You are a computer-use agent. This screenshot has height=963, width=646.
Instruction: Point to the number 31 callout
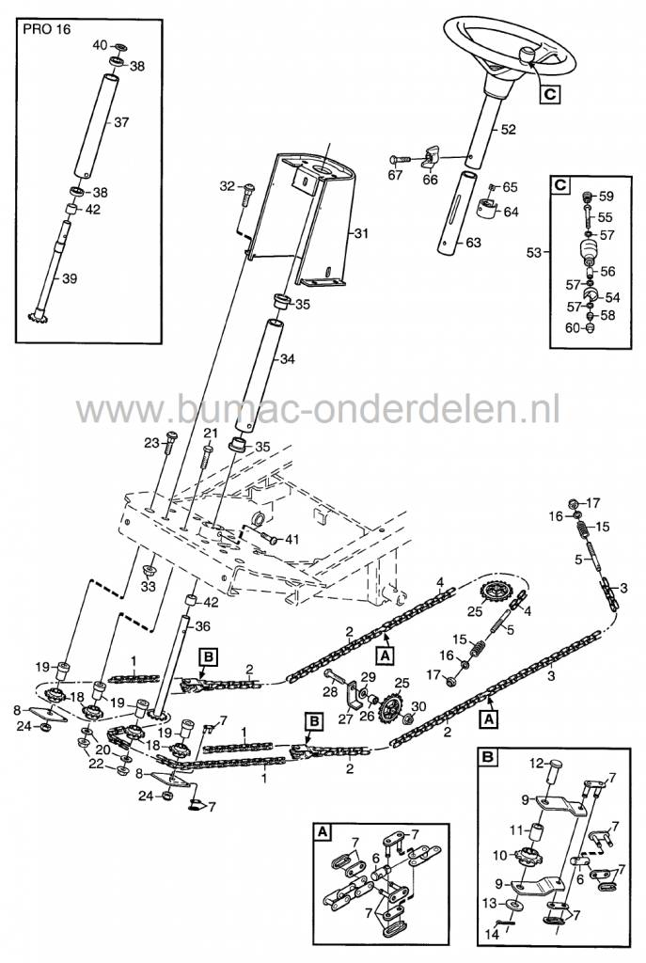click(361, 234)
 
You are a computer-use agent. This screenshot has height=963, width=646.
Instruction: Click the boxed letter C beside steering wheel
click(548, 93)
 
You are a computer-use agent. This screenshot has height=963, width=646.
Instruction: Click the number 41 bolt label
click(291, 540)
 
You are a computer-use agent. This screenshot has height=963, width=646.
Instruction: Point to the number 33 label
click(148, 587)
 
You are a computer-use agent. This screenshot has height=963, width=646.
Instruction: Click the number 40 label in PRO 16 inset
click(100, 45)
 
